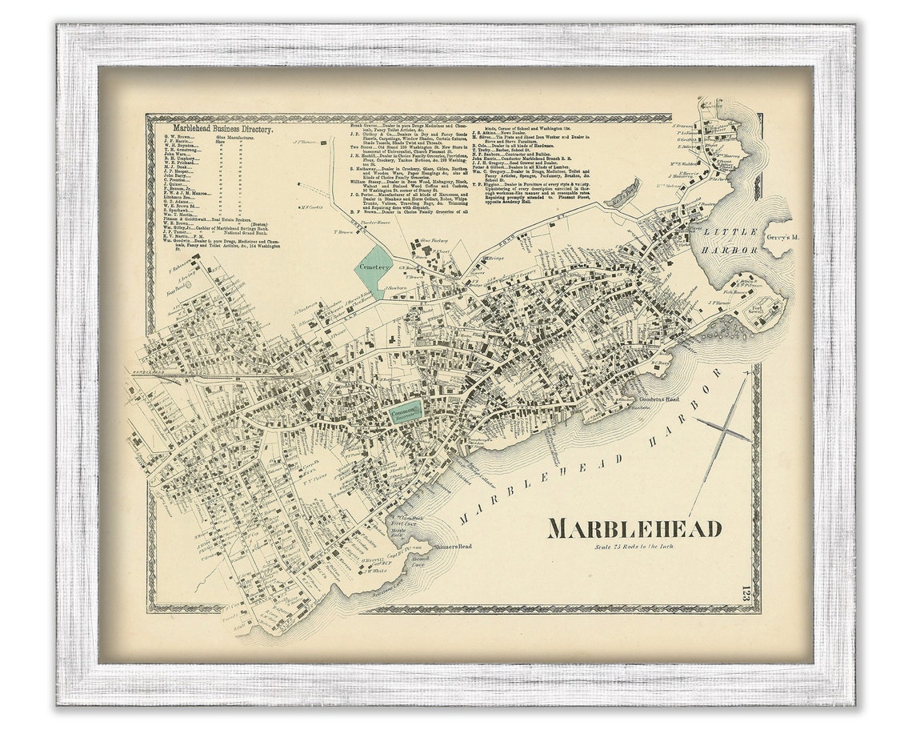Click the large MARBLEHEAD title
[635, 528]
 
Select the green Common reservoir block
[404, 411]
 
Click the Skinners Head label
[454, 547]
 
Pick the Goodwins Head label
[658, 401]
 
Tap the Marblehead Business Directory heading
[223, 129]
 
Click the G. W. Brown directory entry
[181, 138]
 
